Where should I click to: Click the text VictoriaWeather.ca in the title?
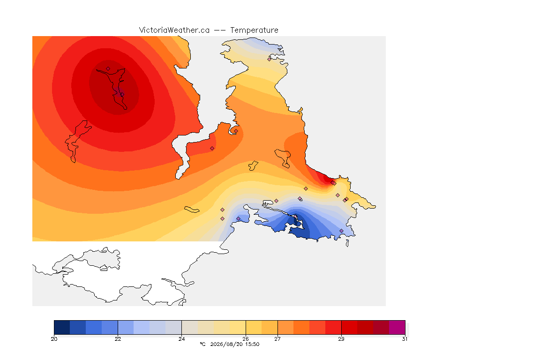coord(174,30)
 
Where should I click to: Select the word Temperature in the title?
coord(254,30)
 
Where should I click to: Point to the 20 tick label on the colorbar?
coord(54,339)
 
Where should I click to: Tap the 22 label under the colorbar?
coord(118,339)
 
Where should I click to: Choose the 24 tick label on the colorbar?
coord(181,339)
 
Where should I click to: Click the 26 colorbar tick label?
coord(246,339)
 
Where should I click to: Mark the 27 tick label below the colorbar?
coord(277,339)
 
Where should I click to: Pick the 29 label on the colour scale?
coord(341,339)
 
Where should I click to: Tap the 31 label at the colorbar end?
coord(405,339)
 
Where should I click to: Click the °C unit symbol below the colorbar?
coord(202,344)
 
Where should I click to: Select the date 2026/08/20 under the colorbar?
coord(226,344)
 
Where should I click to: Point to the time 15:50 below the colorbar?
coord(252,344)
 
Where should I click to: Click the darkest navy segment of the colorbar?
coord(62,327)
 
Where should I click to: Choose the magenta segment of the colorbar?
coord(397,327)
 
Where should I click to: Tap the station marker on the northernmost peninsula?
coord(270,59)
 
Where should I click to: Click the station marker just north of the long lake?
coord(108,69)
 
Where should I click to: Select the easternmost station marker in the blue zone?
coord(341,231)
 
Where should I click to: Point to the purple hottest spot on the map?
coord(120,93)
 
